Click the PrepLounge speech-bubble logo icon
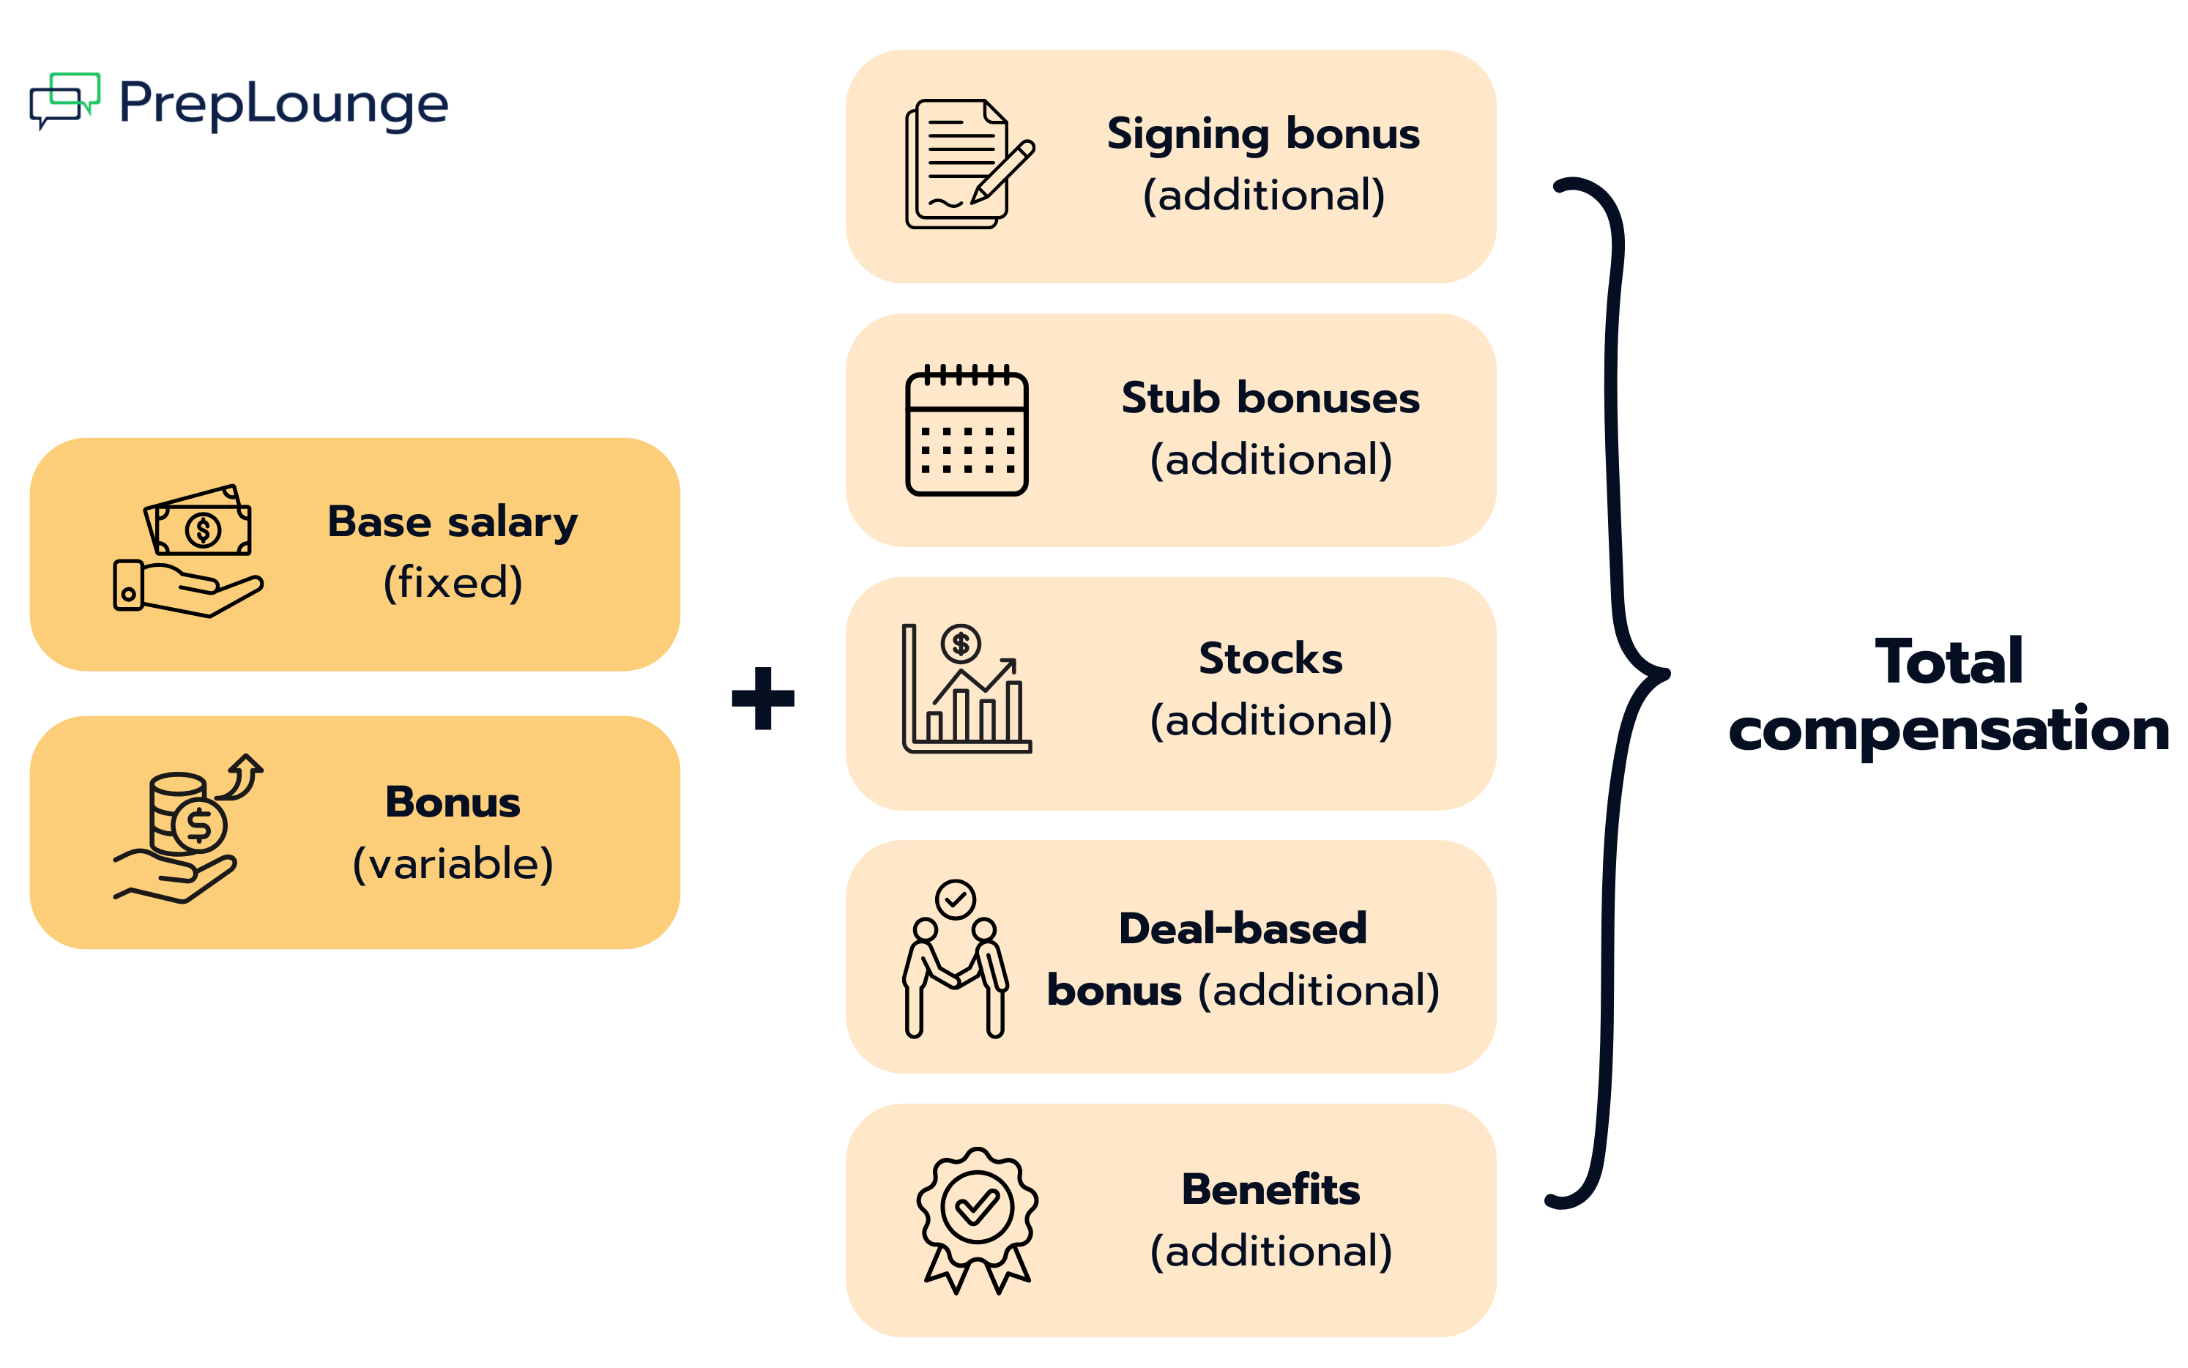(x=63, y=100)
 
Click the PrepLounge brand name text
(x=283, y=104)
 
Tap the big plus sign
(x=762, y=698)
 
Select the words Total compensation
(x=1949, y=695)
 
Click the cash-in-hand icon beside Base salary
(x=188, y=552)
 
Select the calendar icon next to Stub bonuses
(x=966, y=431)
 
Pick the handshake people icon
(x=955, y=958)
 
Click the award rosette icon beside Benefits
(x=977, y=1219)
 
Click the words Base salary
(x=453, y=522)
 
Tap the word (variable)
(x=453, y=863)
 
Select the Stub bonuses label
(x=1270, y=398)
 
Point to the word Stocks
(x=1270, y=658)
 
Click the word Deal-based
(x=1242, y=929)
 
